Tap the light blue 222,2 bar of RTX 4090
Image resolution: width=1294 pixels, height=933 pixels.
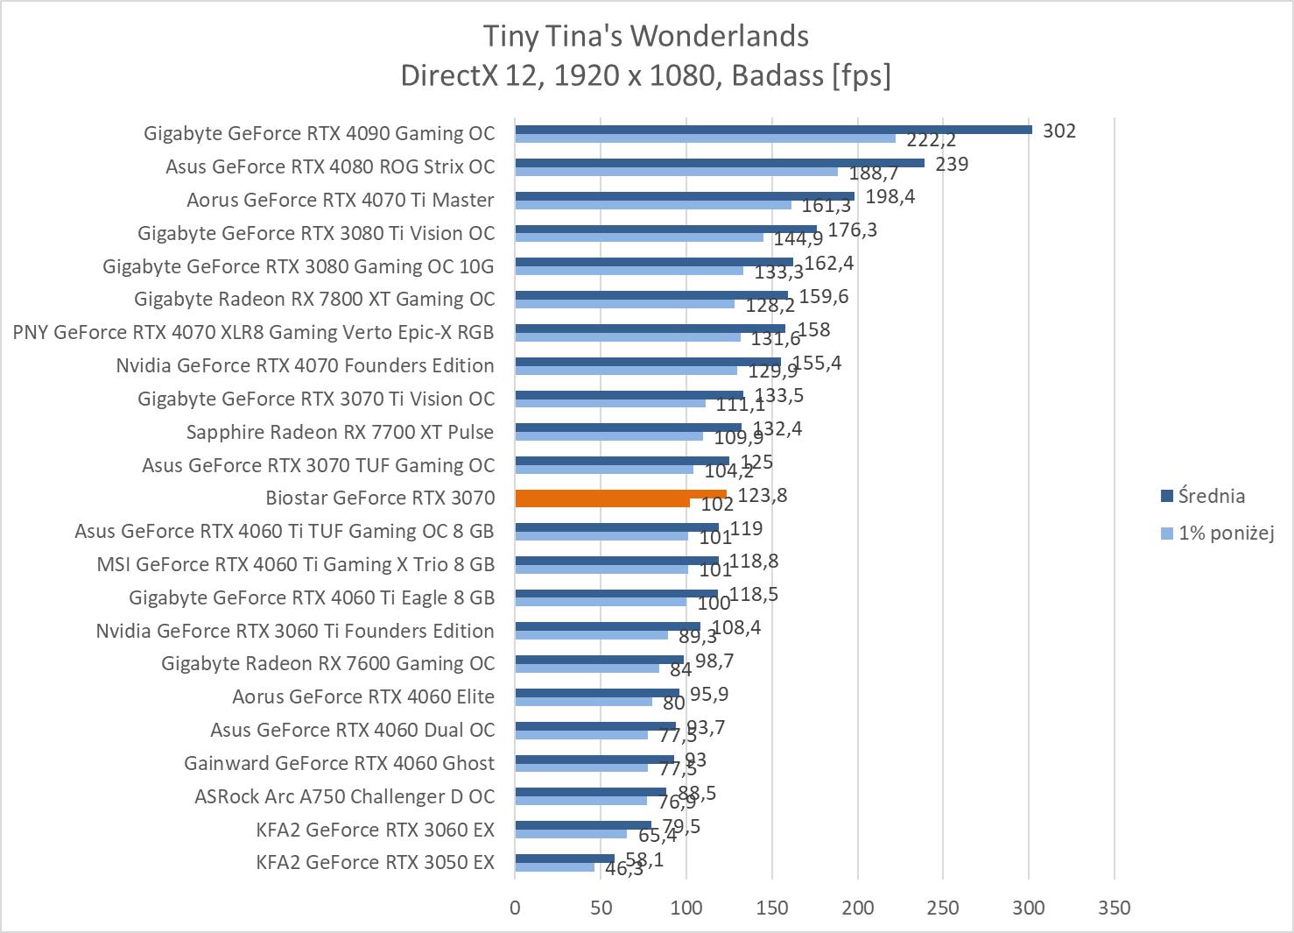point(705,138)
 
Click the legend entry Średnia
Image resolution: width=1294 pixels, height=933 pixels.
point(1211,496)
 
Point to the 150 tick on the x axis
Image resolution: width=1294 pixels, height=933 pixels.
point(772,908)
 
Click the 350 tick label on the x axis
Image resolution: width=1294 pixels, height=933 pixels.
point(1114,908)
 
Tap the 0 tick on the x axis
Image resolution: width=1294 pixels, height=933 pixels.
point(515,908)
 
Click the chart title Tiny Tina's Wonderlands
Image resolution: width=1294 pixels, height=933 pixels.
point(646,36)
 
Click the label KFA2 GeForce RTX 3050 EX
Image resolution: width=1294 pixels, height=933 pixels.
point(375,862)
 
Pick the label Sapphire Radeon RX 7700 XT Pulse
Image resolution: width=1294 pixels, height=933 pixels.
point(340,432)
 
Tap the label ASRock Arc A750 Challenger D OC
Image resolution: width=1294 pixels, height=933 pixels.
point(344,796)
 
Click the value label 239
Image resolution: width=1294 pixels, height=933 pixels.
point(952,164)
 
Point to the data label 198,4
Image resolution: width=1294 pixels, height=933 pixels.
point(890,196)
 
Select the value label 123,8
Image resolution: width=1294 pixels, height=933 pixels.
point(763,495)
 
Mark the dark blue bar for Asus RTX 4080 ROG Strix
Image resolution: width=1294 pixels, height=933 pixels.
point(720,162)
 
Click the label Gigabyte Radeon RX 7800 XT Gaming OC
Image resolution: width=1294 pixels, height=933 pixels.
point(314,299)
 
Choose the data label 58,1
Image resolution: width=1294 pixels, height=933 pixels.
point(644,859)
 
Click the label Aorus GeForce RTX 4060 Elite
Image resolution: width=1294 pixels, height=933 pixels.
point(362,696)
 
